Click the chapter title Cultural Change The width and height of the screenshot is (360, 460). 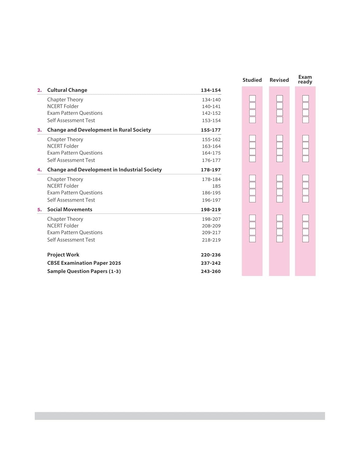pyautogui.click(x=67, y=90)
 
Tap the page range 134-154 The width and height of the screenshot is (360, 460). pyautogui.click(x=211, y=90)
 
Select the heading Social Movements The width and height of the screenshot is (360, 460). pyautogui.click(x=70, y=209)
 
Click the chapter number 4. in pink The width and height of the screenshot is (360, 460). pyautogui.click(x=40, y=170)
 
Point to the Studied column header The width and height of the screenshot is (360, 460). pyautogui.click(x=252, y=80)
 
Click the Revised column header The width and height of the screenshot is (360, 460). pyautogui.click(x=279, y=80)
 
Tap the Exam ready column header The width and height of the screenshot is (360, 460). pyautogui.click(x=305, y=79)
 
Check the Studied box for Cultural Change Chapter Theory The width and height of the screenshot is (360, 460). pyautogui.click(x=252, y=98)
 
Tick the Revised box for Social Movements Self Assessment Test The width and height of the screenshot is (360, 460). pyautogui.click(x=280, y=239)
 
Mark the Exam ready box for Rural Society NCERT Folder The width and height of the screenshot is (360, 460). pyautogui.click(x=305, y=145)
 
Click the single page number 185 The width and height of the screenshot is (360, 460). pyautogui.click(x=216, y=186)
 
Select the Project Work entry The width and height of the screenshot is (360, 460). pyautogui.click(x=63, y=255)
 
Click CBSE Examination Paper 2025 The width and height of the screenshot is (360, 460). pyautogui.click(x=84, y=263)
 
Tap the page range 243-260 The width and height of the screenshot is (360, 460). pyautogui.click(x=211, y=271)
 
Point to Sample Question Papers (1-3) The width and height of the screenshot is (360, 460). pyautogui.click(x=84, y=271)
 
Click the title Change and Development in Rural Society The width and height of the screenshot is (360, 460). pyautogui.click(x=99, y=130)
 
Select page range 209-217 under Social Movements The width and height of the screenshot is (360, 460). pyautogui.click(x=211, y=233)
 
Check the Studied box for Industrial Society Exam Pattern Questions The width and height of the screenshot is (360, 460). pyautogui.click(x=252, y=192)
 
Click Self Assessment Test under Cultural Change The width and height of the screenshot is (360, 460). pyautogui.click(x=71, y=121)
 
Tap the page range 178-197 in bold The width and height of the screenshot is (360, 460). pyautogui.click(x=211, y=170)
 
